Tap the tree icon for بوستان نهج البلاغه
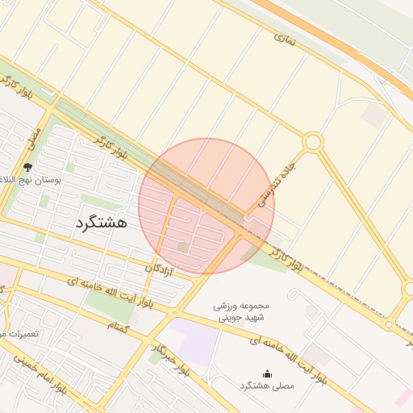point(28,167)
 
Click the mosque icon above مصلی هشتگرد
point(267,373)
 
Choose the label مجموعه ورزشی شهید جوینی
point(246,311)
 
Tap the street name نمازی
point(286,38)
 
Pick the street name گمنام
point(119,326)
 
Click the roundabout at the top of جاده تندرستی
point(313,143)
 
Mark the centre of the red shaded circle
point(206,206)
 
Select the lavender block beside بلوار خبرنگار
point(198,343)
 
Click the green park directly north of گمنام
point(110,303)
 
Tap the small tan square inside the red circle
point(183,245)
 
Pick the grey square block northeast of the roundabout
point(373,115)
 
